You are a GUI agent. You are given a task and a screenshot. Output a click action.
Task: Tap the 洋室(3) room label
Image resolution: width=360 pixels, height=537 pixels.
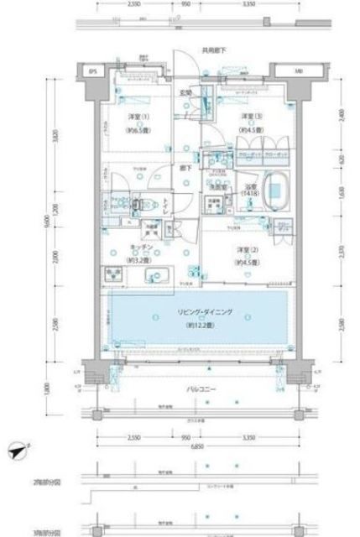(248, 117)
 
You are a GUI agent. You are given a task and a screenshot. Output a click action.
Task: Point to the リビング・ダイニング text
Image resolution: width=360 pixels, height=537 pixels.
(205, 313)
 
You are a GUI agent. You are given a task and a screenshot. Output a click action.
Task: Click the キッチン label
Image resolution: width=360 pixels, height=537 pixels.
(140, 248)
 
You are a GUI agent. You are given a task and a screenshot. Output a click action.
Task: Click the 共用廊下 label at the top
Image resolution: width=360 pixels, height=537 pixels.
(213, 51)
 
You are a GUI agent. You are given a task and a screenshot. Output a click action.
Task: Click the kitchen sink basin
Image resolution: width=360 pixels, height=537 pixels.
(159, 277)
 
